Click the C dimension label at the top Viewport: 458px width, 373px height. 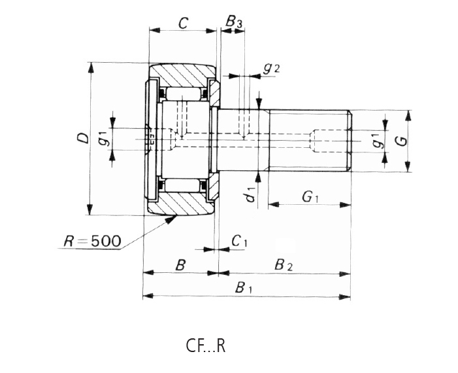[183, 24]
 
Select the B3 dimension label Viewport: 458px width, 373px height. [234, 23]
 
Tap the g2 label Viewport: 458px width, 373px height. [271, 68]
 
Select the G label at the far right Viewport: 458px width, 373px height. [403, 140]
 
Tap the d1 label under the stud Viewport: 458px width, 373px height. [250, 194]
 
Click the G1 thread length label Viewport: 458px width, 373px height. [310, 196]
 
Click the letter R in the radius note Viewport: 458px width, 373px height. [68, 241]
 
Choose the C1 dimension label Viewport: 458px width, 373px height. [239, 241]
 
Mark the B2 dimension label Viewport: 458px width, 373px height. [284, 265]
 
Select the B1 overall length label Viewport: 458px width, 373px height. [244, 287]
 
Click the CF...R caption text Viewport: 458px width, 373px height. [205, 346]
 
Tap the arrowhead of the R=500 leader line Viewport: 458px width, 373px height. [172, 219]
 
